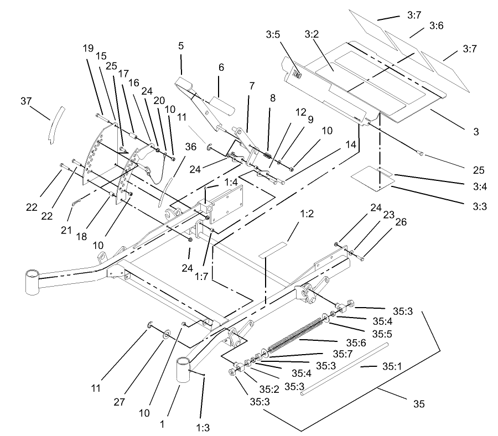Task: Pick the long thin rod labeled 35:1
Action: pos(343,368)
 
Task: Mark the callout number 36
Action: pos(190,147)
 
